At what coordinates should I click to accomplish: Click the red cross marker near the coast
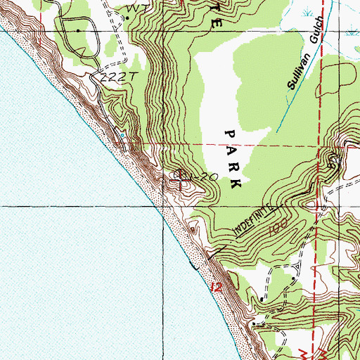click(x=181, y=181)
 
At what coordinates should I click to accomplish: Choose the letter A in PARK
click(x=230, y=150)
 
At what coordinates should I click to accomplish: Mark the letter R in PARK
click(x=232, y=167)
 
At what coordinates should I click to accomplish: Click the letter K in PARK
click(x=235, y=184)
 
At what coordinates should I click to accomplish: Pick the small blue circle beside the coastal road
click(x=121, y=134)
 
